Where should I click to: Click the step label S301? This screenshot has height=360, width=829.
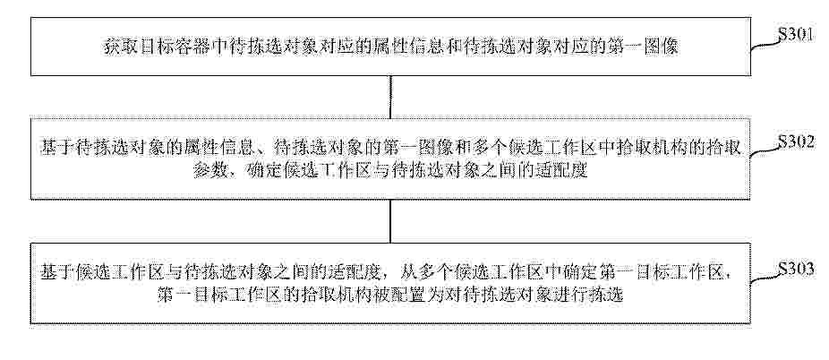point(795,37)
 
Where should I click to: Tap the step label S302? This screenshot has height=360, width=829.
point(796,144)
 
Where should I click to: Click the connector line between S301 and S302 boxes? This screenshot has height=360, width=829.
point(390,98)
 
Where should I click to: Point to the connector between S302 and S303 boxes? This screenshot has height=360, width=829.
point(390,221)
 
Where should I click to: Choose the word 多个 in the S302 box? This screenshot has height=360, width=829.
point(477,148)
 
